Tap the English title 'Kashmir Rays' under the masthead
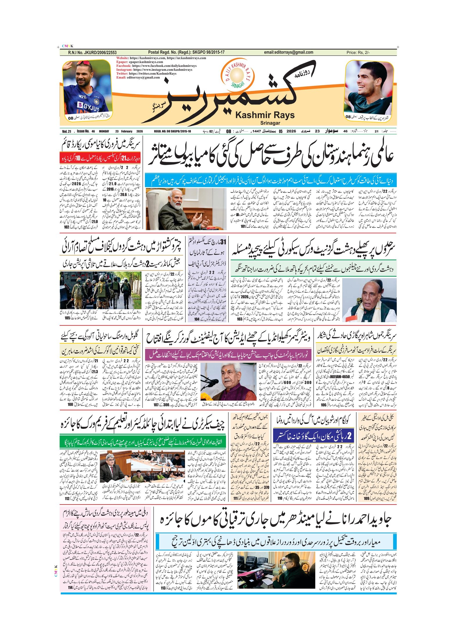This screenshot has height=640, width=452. tap(265, 115)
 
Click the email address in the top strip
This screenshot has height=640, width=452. tap(288, 52)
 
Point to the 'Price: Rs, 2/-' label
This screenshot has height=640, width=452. tap(358, 53)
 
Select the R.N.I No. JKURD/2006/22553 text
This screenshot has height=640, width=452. tap(92, 53)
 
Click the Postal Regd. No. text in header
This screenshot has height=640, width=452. tap(186, 52)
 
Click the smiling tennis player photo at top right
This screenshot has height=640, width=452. tap(369, 87)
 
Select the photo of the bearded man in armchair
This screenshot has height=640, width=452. tap(186, 209)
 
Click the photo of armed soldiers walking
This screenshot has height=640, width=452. tap(100, 290)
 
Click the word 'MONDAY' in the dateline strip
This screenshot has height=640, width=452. tap(104, 131)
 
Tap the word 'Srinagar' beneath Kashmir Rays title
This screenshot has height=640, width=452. tap(270, 123)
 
